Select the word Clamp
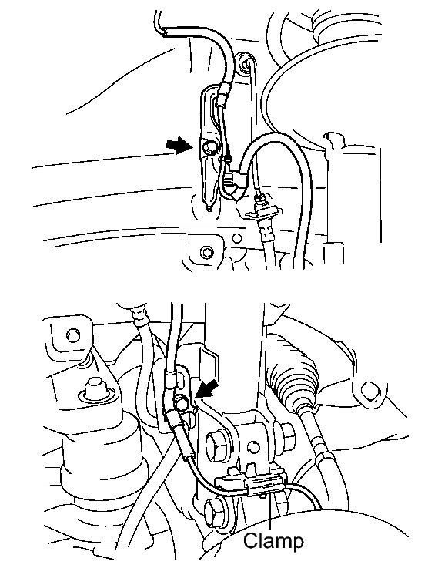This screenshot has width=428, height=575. [x=274, y=540]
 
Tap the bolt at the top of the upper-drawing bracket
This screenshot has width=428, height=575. [x=246, y=61]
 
